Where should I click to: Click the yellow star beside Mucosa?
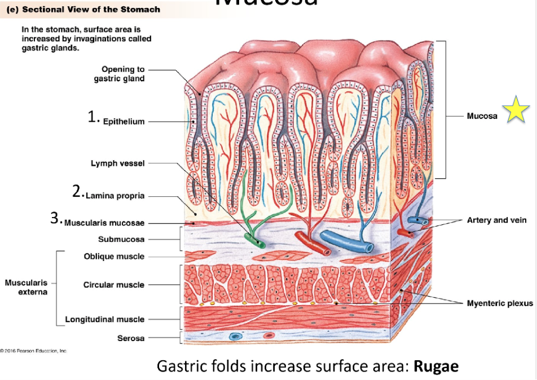click(x=516, y=111)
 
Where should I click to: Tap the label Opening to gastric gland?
click(x=120, y=74)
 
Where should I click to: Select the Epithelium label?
click(x=124, y=121)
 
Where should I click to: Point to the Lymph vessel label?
click(x=117, y=163)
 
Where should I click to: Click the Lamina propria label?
click(x=115, y=196)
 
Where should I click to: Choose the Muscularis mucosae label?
click(x=104, y=223)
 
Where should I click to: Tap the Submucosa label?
click(x=121, y=239)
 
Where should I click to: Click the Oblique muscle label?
click(x=114, y=257)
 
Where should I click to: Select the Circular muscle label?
click(x=114, y=285)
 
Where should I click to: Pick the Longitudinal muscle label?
click(x=104, y=319)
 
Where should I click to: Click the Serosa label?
click(x=131, y=338)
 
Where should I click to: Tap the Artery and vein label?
click(x=496, y=220)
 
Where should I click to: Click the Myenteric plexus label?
click(x=500, y=303)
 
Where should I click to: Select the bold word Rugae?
click(x=436, y=366)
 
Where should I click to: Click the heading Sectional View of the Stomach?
click(x=90, y=10)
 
